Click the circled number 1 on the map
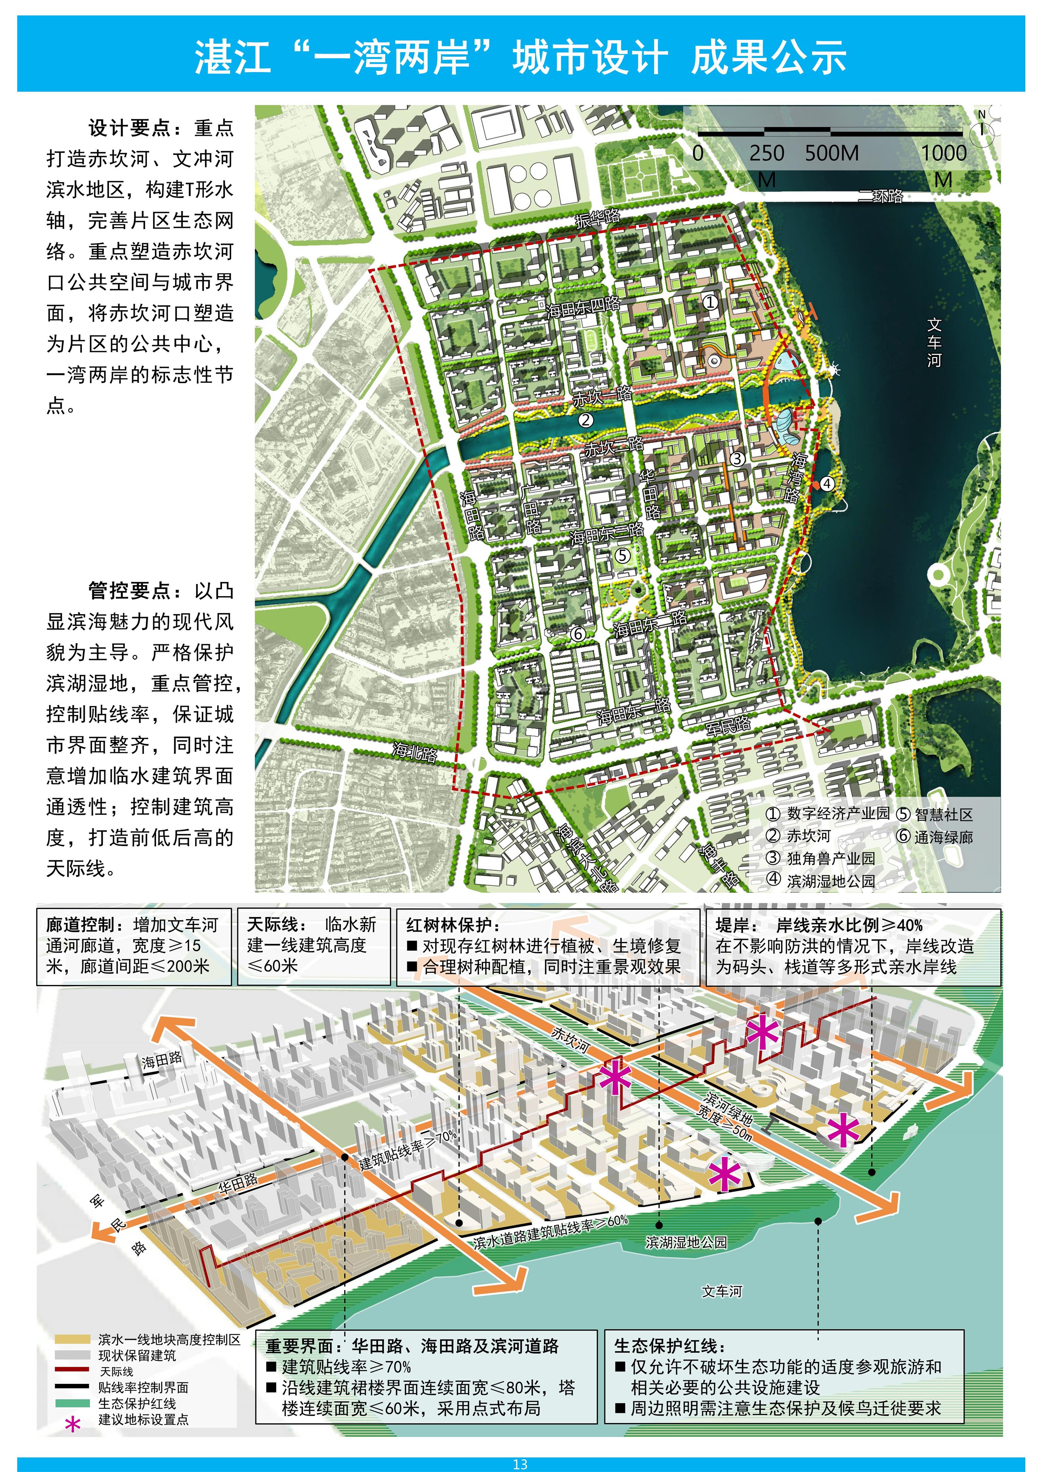click(x=710, y=302)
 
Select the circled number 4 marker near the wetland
click(x=827, y=483)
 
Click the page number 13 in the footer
click(x=520, y=1464)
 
